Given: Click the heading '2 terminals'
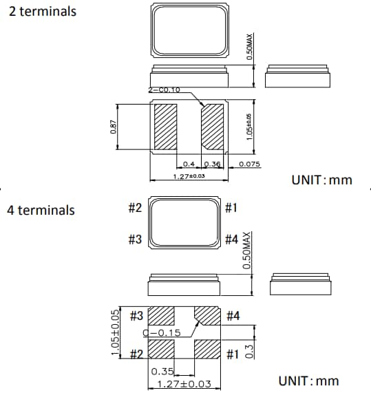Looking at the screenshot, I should (x=42, y=12).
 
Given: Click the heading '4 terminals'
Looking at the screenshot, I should (x=41, y=210).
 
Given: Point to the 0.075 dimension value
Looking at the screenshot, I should (x=250, y=164).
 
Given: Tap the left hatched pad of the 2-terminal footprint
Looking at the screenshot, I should (x=166, y=127).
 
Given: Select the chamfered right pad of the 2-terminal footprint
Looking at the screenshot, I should (x=213, y=127).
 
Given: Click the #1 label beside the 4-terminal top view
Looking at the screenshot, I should (x=231, y=208).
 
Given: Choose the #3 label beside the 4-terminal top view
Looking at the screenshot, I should (x=135, y=240).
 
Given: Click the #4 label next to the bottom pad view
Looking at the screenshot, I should (x=233, y=316).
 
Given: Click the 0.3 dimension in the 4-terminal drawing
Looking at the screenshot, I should (x=249, y=351).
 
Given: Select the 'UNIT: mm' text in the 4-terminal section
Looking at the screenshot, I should (x=308, y=381).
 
